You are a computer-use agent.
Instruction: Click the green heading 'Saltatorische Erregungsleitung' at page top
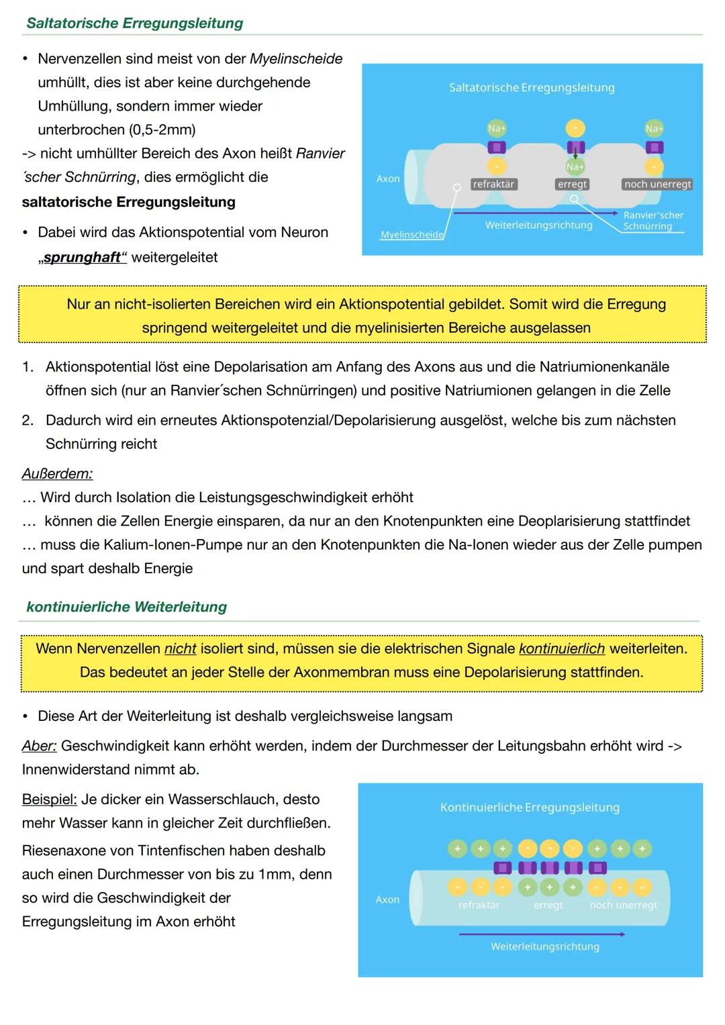(134, 23)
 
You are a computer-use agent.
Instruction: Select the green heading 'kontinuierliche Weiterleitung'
(126, 607)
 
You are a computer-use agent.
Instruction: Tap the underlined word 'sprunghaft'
(83, 258)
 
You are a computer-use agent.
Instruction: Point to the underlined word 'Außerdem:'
(57, 474)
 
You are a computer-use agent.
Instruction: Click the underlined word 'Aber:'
(39, 746)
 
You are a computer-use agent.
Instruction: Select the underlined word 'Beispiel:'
(49, 799)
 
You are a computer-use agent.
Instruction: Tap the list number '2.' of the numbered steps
(28, 420)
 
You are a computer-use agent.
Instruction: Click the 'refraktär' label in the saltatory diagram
(493, 184)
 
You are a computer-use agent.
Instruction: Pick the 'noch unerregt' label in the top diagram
(657, 184)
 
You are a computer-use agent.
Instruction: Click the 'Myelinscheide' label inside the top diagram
(412, 235)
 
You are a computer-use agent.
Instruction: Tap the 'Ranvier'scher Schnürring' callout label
(652, 221)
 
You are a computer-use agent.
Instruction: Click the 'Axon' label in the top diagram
(388, 179)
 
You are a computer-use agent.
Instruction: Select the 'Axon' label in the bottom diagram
(387, 899)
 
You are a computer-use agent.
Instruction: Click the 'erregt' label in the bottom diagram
(548, 905)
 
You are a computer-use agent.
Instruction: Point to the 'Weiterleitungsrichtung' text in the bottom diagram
(544, 946)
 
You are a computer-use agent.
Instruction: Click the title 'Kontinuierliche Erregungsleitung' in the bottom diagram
(530, 807)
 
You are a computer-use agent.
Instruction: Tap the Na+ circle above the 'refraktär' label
(496, 128)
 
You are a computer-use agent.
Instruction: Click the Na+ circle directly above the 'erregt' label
(575, 166)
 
